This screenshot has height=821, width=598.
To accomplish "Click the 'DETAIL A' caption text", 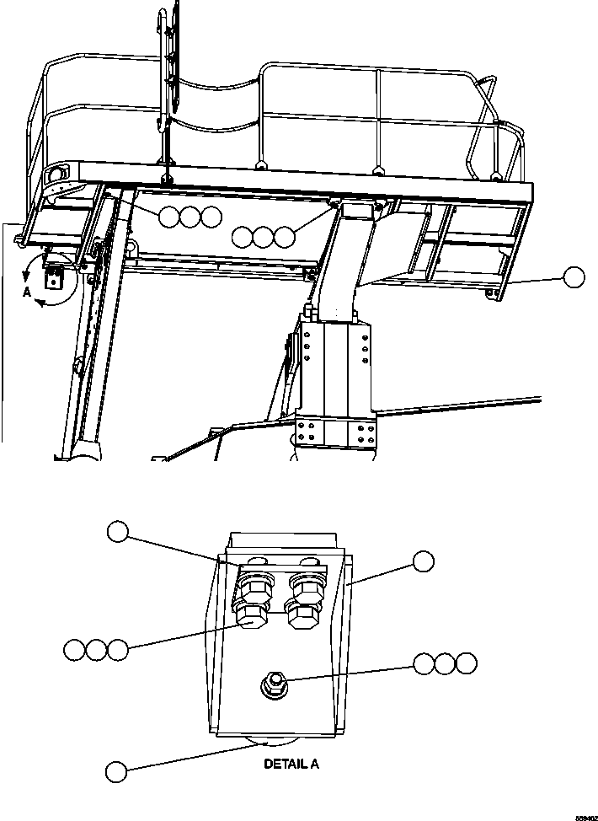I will pos(291,765).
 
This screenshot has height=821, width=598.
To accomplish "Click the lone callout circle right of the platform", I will pos(574,276).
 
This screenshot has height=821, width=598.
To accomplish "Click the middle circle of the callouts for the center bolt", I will pos(444,663).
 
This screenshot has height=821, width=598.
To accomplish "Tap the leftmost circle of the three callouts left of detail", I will pos(73,650).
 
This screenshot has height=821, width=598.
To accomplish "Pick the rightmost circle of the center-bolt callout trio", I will pos(465,663).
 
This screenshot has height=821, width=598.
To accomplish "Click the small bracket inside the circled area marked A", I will pos(54,279).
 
